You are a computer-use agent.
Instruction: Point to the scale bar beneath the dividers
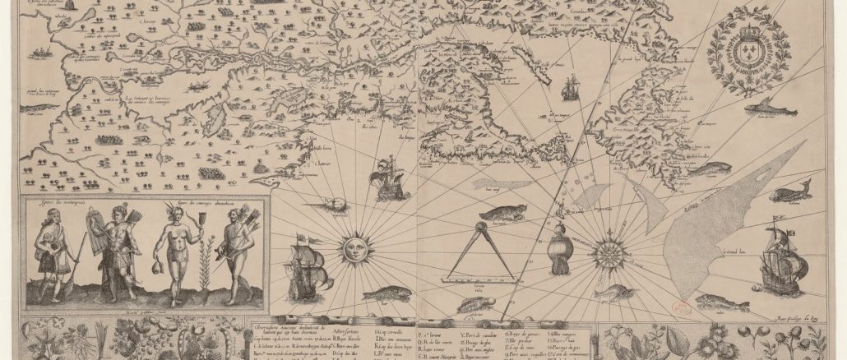click(477, 279)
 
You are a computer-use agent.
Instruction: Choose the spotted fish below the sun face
click(386, 293)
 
